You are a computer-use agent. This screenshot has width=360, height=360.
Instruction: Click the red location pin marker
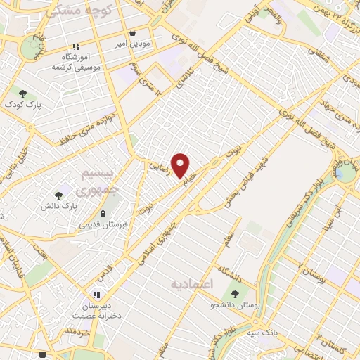coord(181,165)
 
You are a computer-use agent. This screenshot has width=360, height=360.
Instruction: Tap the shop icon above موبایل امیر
coord(133,32)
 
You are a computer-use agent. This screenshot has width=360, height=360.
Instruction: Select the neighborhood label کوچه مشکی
coord(79,11)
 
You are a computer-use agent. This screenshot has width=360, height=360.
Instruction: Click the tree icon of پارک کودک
coord(22,94)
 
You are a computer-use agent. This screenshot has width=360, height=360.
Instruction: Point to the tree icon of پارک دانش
coord(58,195)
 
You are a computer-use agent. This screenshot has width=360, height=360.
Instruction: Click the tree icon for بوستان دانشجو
coord(235,294)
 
